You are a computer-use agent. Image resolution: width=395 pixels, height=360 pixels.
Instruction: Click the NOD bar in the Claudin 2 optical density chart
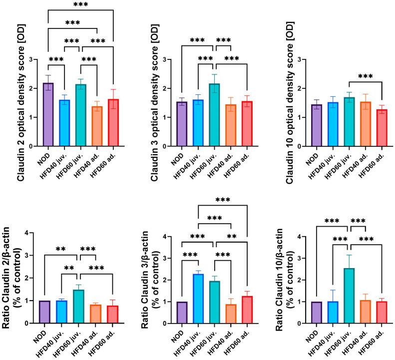pyautogui.click(x=48, y=115)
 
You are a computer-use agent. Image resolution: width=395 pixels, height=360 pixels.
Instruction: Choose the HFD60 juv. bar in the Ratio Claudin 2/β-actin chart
pyautogui.click(x=78, y=307)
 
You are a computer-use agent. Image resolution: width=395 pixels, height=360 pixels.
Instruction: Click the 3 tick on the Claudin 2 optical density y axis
pyautogui.click(x=33, y=59)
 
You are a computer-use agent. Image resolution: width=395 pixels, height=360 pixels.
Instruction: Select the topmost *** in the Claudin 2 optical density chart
pyautogui.click(x=78, y=5)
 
